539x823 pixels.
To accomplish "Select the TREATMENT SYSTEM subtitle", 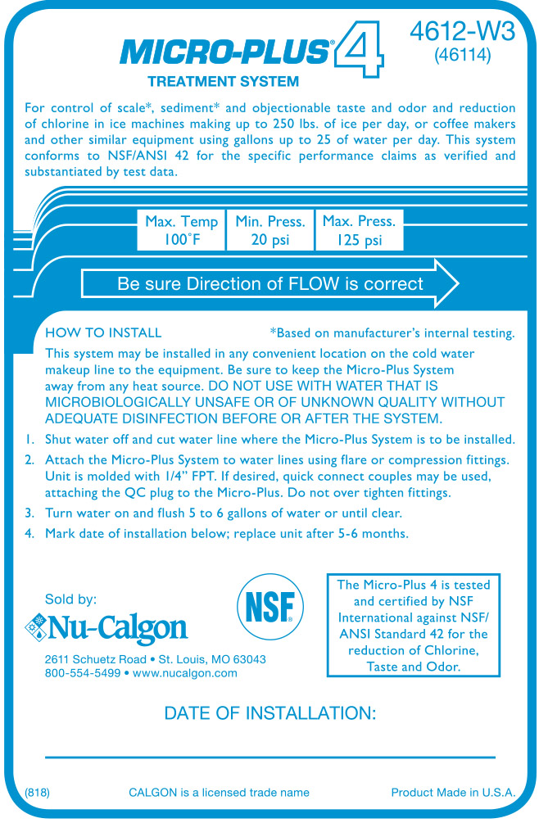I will coord(223,81).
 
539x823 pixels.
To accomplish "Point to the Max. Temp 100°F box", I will coord(181,230).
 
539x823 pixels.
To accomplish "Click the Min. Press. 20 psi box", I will coord(270,230).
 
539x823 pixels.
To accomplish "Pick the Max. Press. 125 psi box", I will coord(359,230).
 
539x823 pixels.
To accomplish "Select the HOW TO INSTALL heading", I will coord(103,332).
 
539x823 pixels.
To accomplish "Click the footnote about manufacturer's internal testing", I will coord(392,332).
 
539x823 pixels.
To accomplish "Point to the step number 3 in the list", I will coord(29,513).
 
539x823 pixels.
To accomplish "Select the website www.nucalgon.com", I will coord(184,672).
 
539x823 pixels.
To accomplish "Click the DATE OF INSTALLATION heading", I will coord(270,712).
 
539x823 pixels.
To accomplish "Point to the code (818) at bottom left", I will coord(37,792).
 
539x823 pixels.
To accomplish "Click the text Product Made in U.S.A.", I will coord(453,792).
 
